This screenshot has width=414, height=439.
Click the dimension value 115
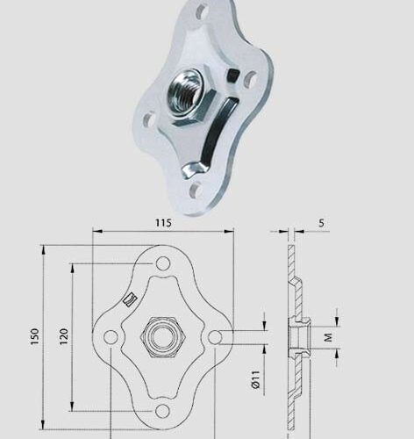click(162, 223)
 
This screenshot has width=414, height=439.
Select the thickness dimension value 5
click(321, 223)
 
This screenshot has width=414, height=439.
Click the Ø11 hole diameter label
click(253, 379)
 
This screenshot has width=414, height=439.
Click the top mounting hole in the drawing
click(163, 263)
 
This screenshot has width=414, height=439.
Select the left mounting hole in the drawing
click(110, 337)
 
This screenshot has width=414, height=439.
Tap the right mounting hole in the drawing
click(217, 337)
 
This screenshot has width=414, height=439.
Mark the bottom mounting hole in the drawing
click(163, 410)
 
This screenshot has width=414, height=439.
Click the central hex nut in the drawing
click(163, 337)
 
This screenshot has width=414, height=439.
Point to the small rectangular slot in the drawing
click(131, 299)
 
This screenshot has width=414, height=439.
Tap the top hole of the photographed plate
click(203, 12)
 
